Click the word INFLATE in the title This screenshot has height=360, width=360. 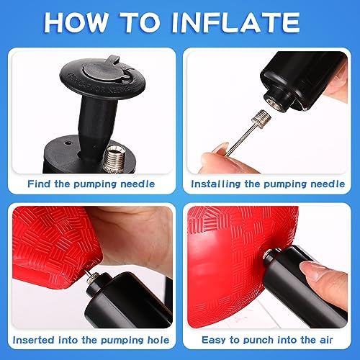click(x=236, y=22)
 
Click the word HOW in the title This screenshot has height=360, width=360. click(x=76, y=22)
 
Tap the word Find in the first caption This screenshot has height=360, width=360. click(x=39, y=184)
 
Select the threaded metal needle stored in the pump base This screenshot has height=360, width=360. click(x=114, y=158)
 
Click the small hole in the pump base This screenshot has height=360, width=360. click(x=68, y=143)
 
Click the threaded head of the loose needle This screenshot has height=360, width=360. click(x=261, y=117)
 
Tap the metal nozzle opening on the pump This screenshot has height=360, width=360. click(x=273, y=101)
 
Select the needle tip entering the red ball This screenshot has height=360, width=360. click(x=87, y=272)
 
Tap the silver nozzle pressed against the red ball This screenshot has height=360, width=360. click(x=271, y=255)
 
